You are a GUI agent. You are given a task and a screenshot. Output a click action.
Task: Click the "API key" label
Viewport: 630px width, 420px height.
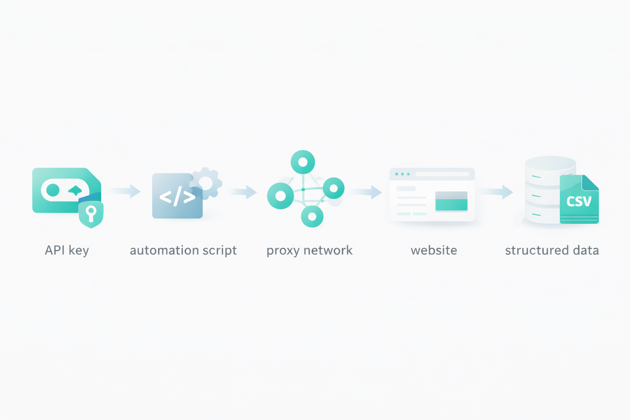click(x=67, y=250)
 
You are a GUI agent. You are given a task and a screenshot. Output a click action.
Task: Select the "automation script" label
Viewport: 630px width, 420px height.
click(x=183, y=250)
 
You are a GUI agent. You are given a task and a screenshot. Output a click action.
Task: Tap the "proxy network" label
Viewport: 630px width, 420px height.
click(x=309, y=250)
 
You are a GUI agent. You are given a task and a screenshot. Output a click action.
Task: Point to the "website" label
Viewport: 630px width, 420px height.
click(x=434, y=250)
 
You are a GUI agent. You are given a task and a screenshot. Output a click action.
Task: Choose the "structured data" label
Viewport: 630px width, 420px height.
click(x=552, y=250)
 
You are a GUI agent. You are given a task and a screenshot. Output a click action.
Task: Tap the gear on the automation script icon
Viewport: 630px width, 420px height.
click(x=206, y=183)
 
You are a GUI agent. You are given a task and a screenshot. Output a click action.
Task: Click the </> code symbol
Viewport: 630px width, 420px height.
click(x=177, y=197)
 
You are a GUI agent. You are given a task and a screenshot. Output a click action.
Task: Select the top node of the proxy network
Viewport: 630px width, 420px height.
click(x=303, y=162)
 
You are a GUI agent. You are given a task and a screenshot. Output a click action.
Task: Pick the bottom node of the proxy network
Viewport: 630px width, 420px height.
click(x=312, y=216)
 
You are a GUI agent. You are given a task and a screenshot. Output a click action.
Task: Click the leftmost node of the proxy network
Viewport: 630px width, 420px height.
click(x=281, y=196)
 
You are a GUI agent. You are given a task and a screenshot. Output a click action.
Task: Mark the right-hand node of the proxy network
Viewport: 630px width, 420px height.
click(x=333, y=188)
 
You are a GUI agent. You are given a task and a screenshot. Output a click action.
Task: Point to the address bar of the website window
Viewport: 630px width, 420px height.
click(x=442, y=174)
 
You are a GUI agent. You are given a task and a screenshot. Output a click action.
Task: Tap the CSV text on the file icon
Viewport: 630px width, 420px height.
click(x=579, y=201)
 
